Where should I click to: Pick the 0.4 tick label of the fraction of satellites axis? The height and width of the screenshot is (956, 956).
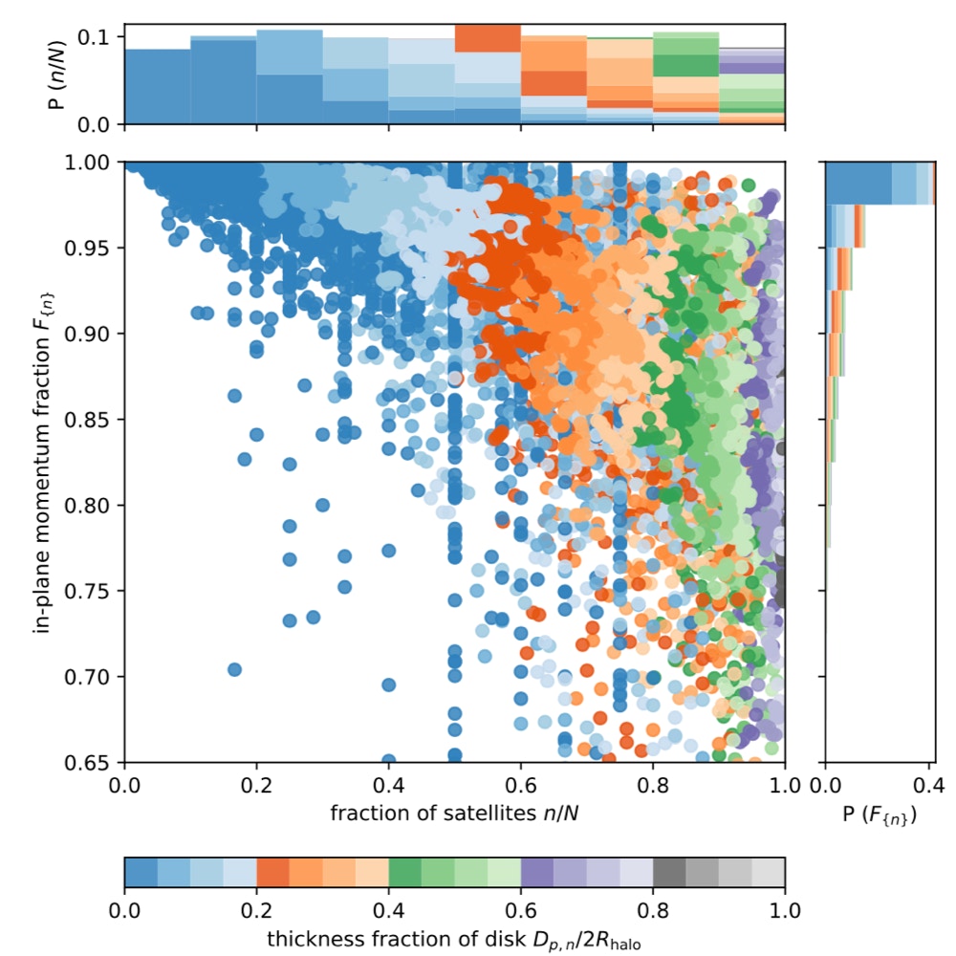pyautogui.click(x=389, y=786)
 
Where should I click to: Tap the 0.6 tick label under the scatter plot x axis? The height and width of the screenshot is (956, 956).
pyautogui.click(x=521, y=786)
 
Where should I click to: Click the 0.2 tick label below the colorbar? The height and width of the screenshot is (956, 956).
pyautogui.click(x=256, y=907)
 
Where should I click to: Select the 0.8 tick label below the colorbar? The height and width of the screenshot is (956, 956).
pyautogui.click(x=653, y=907)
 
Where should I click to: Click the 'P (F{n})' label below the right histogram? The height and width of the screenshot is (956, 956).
pyautogui.click(x=879, y=815)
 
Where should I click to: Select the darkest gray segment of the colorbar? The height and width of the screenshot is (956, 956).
pyautogui.click(x=669, y=872)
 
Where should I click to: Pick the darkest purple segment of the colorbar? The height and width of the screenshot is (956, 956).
pyautogui.click(x=537, y=872)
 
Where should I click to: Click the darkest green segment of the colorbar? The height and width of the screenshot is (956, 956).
pyautogui.click(x=405, y=872)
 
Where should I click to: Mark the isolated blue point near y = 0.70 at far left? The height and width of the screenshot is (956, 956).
pyautogui.click(x=234, y=669)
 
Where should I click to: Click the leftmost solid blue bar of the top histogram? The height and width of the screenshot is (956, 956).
pyautogui.click(x=157, y=87)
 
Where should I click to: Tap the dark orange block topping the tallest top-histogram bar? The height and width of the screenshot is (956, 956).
pyautogui.click(x=488, y=38)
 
